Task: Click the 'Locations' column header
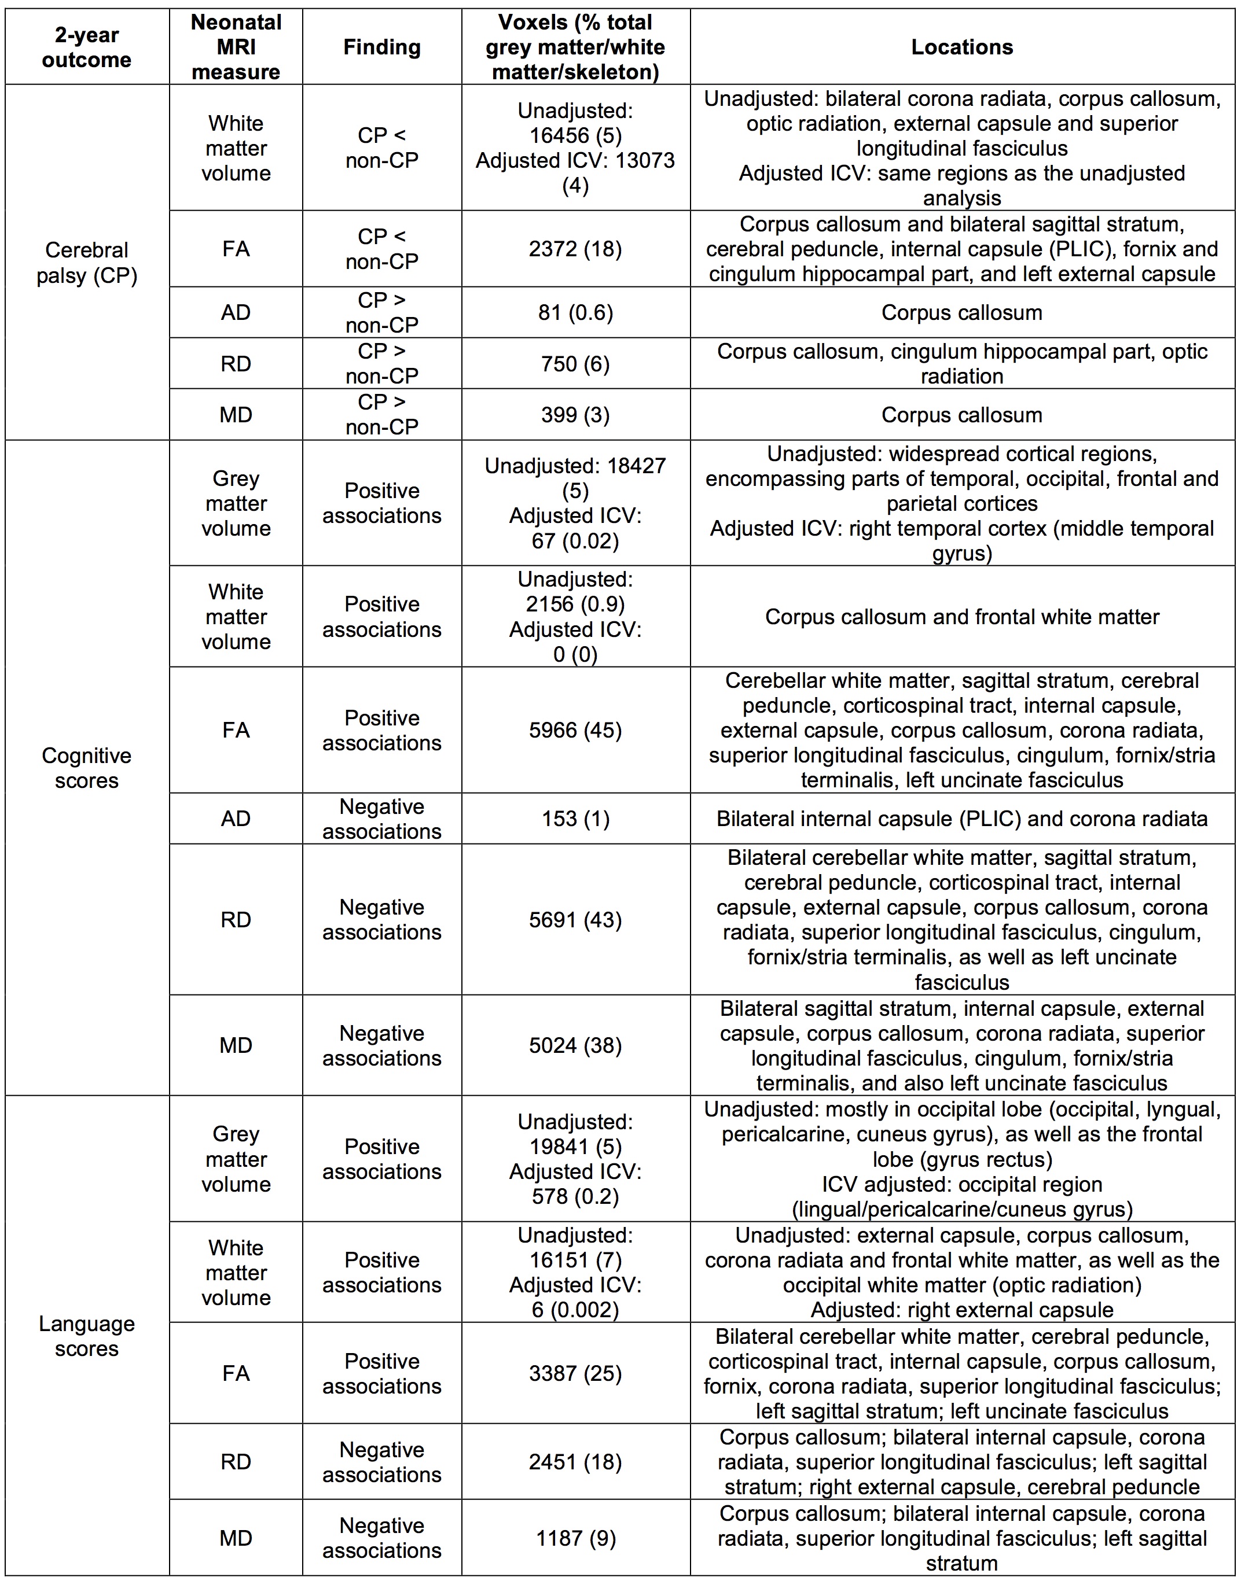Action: click(x=961, y=47)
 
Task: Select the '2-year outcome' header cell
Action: click(x=86, y=47)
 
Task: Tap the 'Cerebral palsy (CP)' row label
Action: click(x=86, y=262)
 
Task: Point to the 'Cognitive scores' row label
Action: click(x=86, y=768)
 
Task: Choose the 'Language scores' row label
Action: click(x=86, y=1336)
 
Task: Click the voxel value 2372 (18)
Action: click(x=575, y=249)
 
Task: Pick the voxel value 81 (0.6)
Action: click(x=575, y=312)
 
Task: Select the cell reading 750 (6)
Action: click(x=575, y=363)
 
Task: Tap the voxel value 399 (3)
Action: click(x=575, y=415)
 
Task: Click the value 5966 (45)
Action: click(x=575, y=730)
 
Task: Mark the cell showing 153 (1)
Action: click(x=575, y=819)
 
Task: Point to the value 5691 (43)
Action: click(x=575, y=919)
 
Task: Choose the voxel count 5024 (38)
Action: click(x=575, y=1045)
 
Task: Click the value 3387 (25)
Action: click(x=575, y=1373)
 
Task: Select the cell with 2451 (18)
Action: click(x=575, y=1461)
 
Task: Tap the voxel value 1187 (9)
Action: click(x=575, y=1538)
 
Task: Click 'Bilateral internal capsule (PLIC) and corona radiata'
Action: click(x=961, y=819)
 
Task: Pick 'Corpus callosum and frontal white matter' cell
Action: click(x=961, y=617)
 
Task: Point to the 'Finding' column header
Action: click(x=381, y=47)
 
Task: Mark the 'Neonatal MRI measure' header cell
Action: click(x=236, y=47)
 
